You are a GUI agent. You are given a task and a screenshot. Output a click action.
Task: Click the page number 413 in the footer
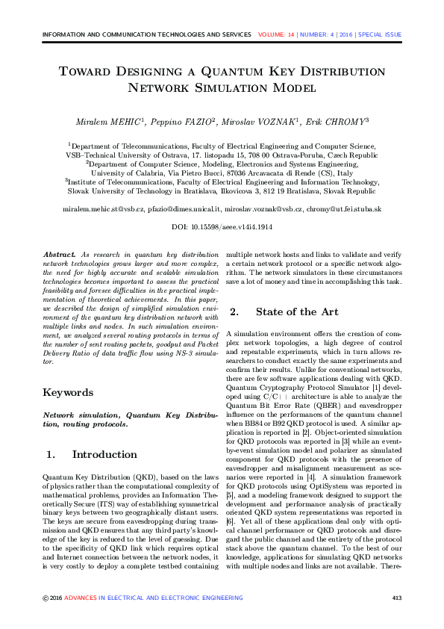tap(397, 598)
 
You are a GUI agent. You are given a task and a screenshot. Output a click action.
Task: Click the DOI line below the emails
tap(222, 226)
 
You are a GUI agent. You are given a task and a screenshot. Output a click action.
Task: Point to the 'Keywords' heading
tap(68, 392)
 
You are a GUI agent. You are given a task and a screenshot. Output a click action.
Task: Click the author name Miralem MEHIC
tap(110, 121)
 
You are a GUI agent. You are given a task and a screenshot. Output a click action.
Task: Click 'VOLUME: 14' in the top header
tap(276, 34)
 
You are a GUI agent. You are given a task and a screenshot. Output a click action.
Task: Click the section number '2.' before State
tap(234, 312)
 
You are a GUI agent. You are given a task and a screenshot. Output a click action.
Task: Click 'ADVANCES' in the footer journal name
tap(81, 598)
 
